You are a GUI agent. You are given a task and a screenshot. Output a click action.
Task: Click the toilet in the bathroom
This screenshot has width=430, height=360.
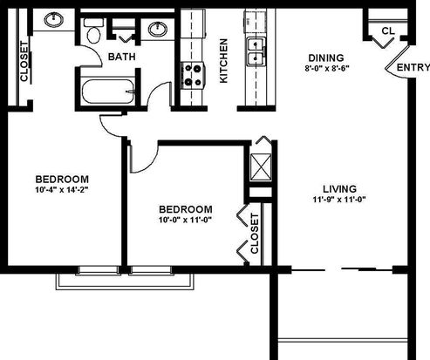click(x=93, y=31)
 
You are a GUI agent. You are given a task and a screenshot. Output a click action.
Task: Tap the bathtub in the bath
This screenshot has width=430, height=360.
click(x=108, y=92)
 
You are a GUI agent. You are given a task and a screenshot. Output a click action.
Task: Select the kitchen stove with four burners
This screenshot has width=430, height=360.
click(x=193, y=76)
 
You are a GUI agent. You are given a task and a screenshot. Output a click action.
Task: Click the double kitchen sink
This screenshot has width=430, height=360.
click(x=256, y=51)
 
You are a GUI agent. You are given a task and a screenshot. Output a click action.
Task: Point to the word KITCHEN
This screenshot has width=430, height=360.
click(x=223, y=61)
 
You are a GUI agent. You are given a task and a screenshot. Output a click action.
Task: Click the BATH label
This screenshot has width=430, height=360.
click(x=122, y=57)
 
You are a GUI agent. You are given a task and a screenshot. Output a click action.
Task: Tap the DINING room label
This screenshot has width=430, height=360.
click(x=326, y=58)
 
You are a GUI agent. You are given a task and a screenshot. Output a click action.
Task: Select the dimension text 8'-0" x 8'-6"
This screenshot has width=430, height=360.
click(x=327, y=69)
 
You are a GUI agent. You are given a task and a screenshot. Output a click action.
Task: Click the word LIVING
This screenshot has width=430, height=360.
click(x=339, y=189)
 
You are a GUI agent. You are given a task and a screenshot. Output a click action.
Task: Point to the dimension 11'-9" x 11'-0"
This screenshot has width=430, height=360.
click(x=339, y=200)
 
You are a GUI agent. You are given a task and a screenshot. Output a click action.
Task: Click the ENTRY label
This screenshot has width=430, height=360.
click(x=413, y=67)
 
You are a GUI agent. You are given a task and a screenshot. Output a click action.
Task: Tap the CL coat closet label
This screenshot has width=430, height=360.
click(x=388, y=31)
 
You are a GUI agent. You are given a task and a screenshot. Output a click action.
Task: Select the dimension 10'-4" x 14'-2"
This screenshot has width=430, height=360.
click(x=62, y=190)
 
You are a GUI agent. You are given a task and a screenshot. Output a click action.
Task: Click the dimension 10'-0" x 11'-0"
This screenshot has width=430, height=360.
click(x=185, y=220)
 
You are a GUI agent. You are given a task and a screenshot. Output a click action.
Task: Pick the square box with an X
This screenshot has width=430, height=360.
click(x=261, y=167)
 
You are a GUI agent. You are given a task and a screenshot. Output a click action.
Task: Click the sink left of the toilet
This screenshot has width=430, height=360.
click(x=54, y=20)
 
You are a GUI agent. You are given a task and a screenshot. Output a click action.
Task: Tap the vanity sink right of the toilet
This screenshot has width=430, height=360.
click(x=158, y=29)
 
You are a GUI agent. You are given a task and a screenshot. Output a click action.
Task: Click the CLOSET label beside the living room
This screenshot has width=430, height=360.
click(x=254, y=234)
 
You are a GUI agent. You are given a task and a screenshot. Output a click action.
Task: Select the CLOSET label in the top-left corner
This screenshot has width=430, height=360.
click(x=24, y=61)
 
